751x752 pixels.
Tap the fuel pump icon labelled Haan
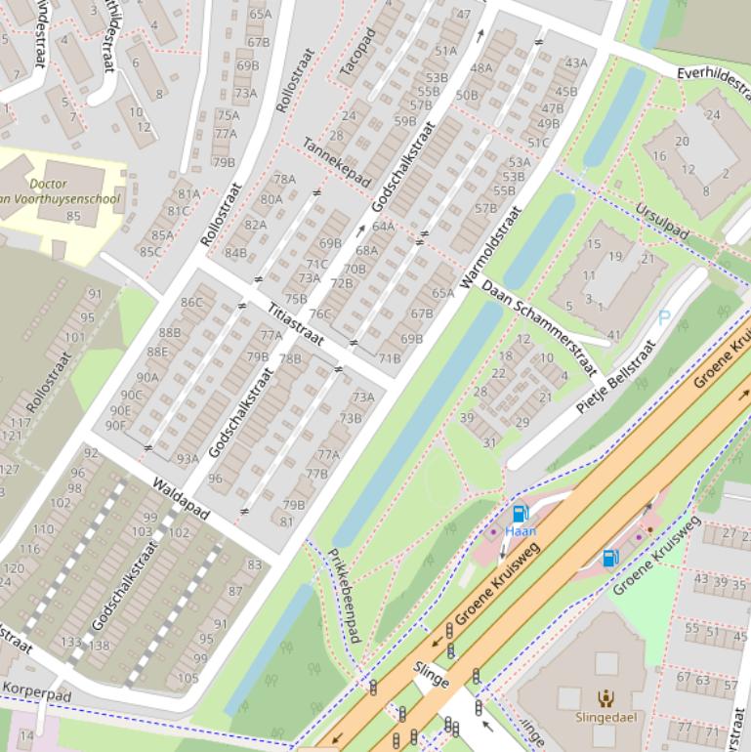click(520, 515)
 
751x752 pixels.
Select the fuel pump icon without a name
click(609, 558)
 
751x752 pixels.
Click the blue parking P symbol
click(665, 317)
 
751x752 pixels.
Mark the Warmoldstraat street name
click(489, 248)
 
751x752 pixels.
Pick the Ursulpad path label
click(662, 222)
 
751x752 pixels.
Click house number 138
click(100, 645)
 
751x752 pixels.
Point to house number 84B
click(235, 252)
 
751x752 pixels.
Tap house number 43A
click(576, 63)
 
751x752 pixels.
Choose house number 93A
click(188, 458)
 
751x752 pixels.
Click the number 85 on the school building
click(73, 216)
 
